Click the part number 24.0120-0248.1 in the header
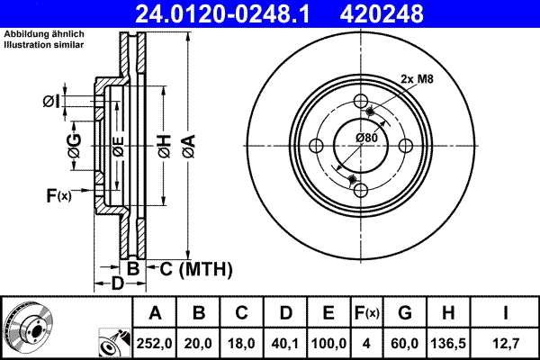pos(229,13)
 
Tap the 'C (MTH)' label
pos(196,268)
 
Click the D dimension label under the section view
pos(116,284)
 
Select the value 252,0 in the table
pos(156,342)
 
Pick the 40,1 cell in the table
pos(285,342)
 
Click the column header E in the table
pos(328,312)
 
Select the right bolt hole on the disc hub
pos(406,146)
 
